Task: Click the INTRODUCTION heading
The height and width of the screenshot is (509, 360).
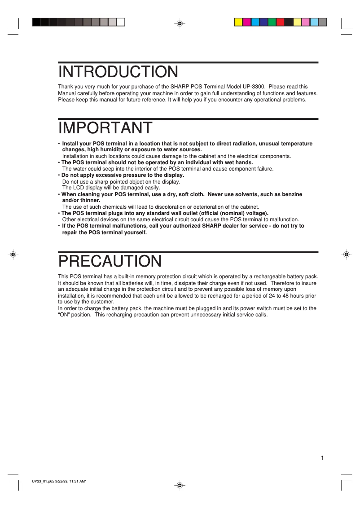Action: [x=118, y=72]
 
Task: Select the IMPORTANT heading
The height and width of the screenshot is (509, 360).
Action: [x=105, y=128]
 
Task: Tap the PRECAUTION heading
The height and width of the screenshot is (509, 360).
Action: [x=110, y=261]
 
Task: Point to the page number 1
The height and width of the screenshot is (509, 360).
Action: [x=322, y=458]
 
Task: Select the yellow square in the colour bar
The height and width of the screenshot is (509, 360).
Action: [x=238, y=22]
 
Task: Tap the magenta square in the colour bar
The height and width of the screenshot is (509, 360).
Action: [x=247, y=22]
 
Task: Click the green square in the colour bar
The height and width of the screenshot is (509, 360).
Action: [x=272, y=22]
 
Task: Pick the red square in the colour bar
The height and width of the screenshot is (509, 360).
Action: [x=281, y=22]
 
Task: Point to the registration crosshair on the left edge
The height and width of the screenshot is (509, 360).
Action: [x=13, y=254]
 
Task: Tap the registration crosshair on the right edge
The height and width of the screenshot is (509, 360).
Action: [x=346, y=254]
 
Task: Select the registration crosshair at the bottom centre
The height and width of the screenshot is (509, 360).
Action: [x=179, y=485]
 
